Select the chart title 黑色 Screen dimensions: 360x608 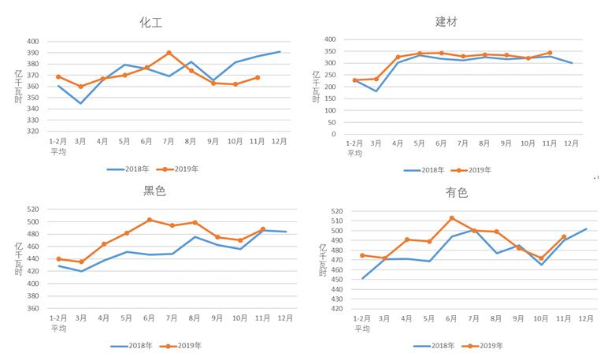click(x=154, y=191)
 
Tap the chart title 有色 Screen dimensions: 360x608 click(x=457, y=192)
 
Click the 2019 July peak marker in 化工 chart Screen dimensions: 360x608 click(x=169, y=53)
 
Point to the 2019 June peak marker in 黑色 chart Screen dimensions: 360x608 click(x=150, y=220)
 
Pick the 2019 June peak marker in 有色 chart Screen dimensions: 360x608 click(x=451, y=218)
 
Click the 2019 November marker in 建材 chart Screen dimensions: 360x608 click(x=550, y=53)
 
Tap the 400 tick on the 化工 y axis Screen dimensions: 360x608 click(x=32, y=41)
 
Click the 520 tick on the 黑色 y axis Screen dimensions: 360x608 click(x=32, y=210)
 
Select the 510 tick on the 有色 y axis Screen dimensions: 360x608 click(x=336, y=221)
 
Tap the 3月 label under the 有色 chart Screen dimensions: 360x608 click(x=384, y=319)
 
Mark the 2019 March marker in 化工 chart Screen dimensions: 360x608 click(x=80, y=87)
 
